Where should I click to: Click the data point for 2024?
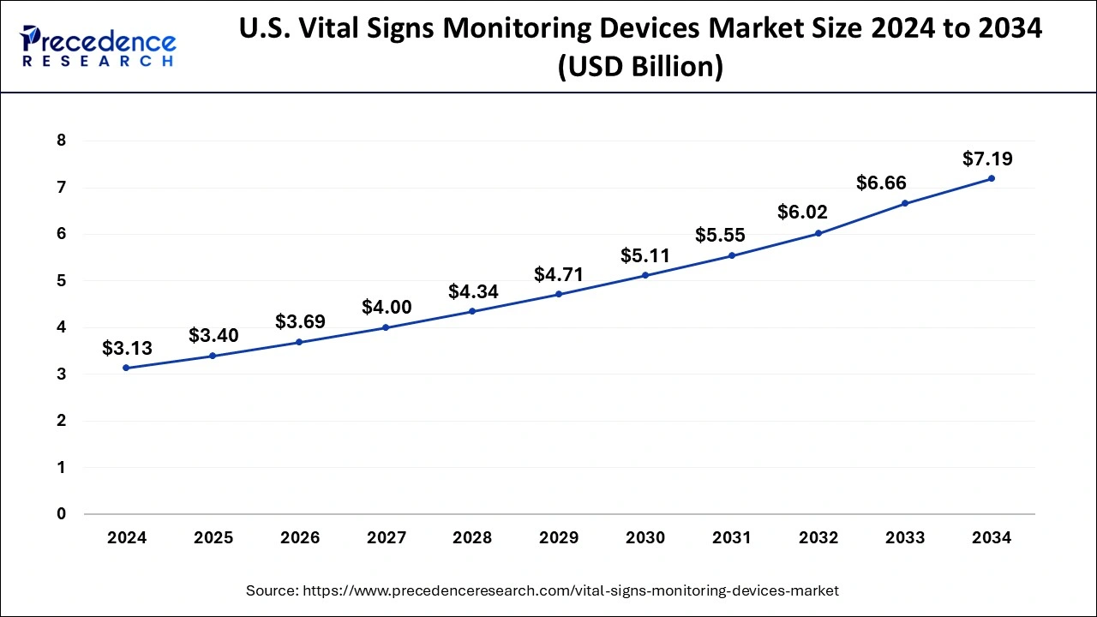[x=127, y=368]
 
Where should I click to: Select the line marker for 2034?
[x=992, y=178]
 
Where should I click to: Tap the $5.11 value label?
[x=644, y=255]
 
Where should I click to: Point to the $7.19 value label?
[x=987, y=159]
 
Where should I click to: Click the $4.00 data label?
[x=387, y=307]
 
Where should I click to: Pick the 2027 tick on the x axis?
[x=387, y=538]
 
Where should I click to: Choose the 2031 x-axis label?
[x=731, y=538]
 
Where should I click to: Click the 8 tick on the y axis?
[x=61, y=141]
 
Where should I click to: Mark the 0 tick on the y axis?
[x=61, y=514]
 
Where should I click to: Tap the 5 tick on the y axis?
[x=61, y=280]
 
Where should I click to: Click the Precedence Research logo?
[x=99, y=47]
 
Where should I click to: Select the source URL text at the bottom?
[x=542, y=590]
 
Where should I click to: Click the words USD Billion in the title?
[x=639, y=66]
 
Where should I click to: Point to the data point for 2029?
[x=559, y=294]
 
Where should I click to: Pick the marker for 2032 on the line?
[x=818, y=233]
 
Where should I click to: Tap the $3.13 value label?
[x=127, y=348]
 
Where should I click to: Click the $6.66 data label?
[x=881, y=183]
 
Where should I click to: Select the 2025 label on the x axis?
[x=213, y=538]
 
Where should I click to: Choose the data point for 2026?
[x=299, y=342]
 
